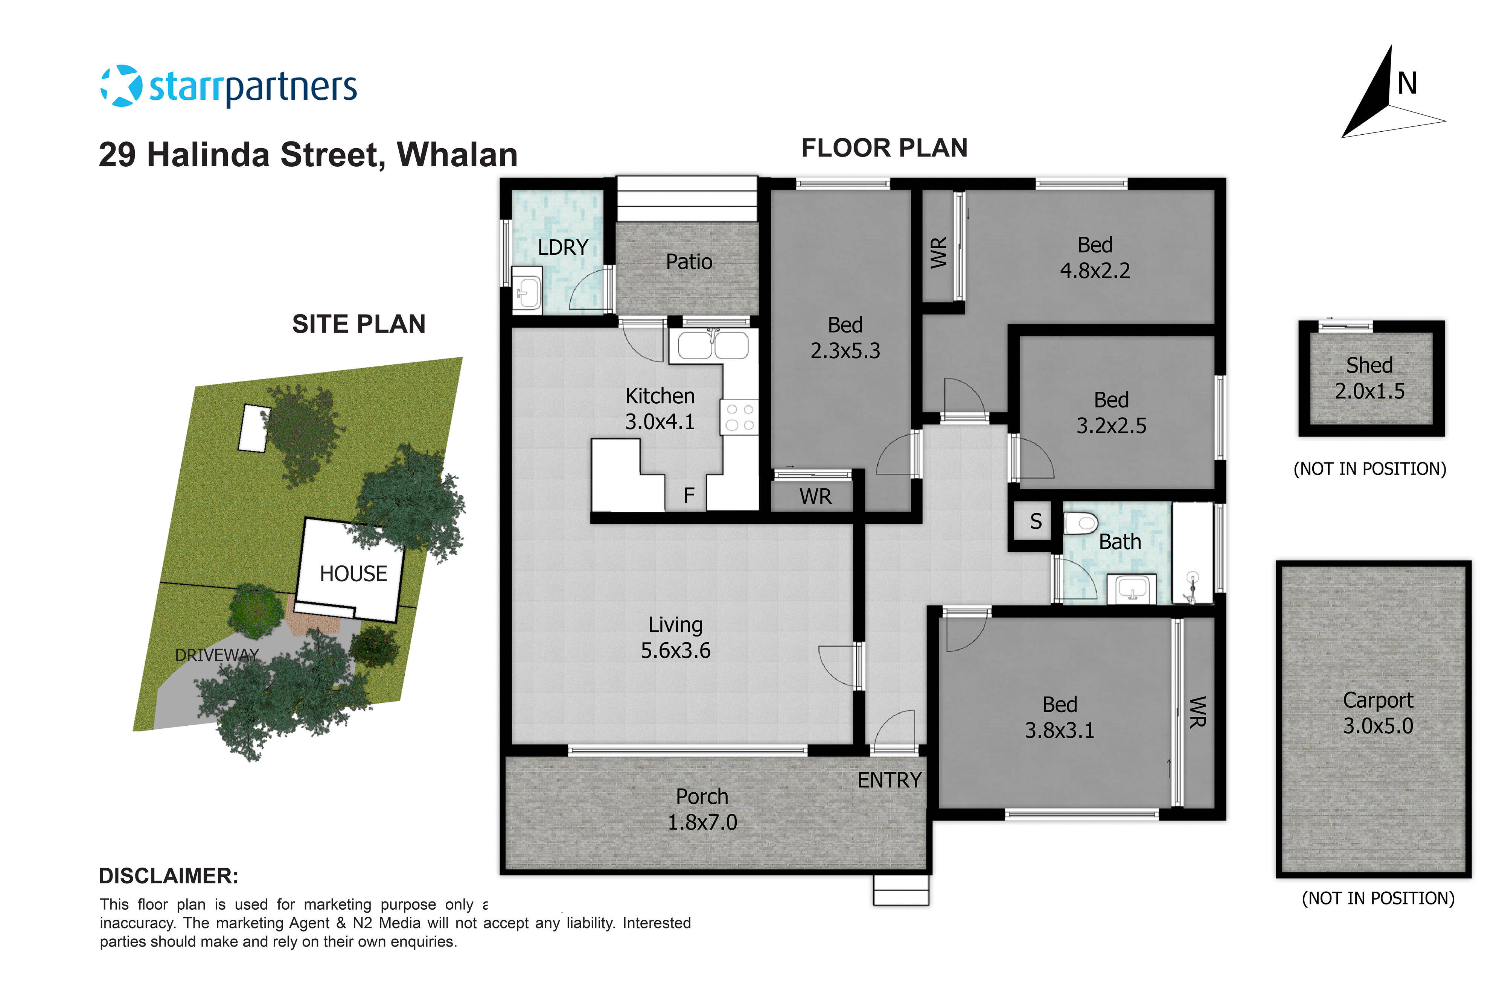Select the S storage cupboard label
(x=1035, y=522)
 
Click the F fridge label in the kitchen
(x=689, y=495)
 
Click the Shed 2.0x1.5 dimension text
(x=1369, y=391)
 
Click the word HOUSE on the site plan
(x=353, y=574)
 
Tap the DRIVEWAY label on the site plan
(x=217, y=655)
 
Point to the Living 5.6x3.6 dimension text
(x=676, y=650)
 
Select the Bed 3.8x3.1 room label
(x=1060, y=717)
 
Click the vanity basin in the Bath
(x=1131, y=588)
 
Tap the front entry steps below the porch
(x=900, y=891)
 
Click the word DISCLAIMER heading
(x=168, y=876)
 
